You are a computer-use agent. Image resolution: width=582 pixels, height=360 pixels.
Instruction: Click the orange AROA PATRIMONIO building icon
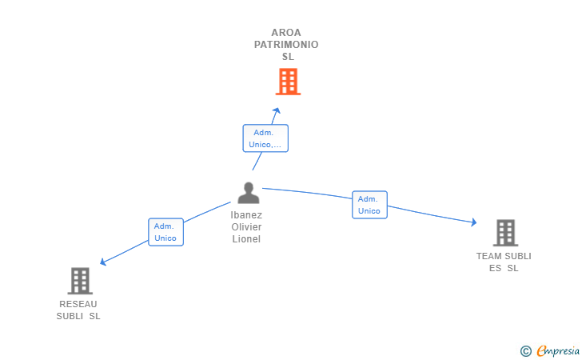288,82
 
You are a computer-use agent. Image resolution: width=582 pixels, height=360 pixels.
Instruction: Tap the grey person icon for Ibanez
249,193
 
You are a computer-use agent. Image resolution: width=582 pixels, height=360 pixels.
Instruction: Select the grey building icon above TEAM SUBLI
505,233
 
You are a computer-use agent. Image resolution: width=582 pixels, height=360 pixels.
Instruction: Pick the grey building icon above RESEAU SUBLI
80,281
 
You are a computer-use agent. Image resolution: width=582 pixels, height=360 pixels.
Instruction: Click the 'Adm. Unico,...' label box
265,138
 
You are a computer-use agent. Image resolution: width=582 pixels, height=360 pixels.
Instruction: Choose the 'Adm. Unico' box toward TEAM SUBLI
369,205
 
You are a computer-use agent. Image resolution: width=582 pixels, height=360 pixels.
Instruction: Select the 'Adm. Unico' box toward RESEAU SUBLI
166,232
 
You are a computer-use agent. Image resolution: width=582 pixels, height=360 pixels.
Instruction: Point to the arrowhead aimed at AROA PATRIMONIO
277,110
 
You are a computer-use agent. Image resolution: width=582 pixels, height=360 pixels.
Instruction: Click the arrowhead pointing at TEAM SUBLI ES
473,222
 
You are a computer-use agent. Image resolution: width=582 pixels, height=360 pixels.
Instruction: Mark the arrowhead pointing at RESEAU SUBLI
103,262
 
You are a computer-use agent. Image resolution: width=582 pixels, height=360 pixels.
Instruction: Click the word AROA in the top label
286,33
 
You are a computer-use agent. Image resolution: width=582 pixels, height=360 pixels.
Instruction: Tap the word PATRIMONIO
286,45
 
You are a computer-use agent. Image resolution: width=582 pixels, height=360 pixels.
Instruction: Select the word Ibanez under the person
246,215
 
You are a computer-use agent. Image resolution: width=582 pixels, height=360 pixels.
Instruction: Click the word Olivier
246,227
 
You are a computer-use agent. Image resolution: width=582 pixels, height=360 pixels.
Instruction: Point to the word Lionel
246,239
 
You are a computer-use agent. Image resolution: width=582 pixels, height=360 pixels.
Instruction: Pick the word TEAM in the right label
488,256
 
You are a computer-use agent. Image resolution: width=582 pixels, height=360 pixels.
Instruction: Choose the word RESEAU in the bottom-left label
78,304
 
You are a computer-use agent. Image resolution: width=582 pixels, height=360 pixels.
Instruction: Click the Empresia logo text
558,350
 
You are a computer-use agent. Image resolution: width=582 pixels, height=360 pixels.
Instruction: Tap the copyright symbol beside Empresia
526,351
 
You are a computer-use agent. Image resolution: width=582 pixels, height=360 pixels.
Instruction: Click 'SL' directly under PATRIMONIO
288,57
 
